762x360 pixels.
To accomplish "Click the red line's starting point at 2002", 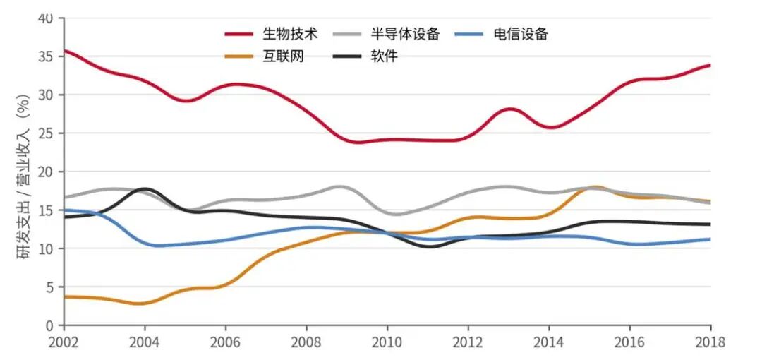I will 65,51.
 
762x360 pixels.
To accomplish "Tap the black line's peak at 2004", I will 145,189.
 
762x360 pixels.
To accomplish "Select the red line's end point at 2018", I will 710,65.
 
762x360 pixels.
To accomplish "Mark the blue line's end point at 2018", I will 710,239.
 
